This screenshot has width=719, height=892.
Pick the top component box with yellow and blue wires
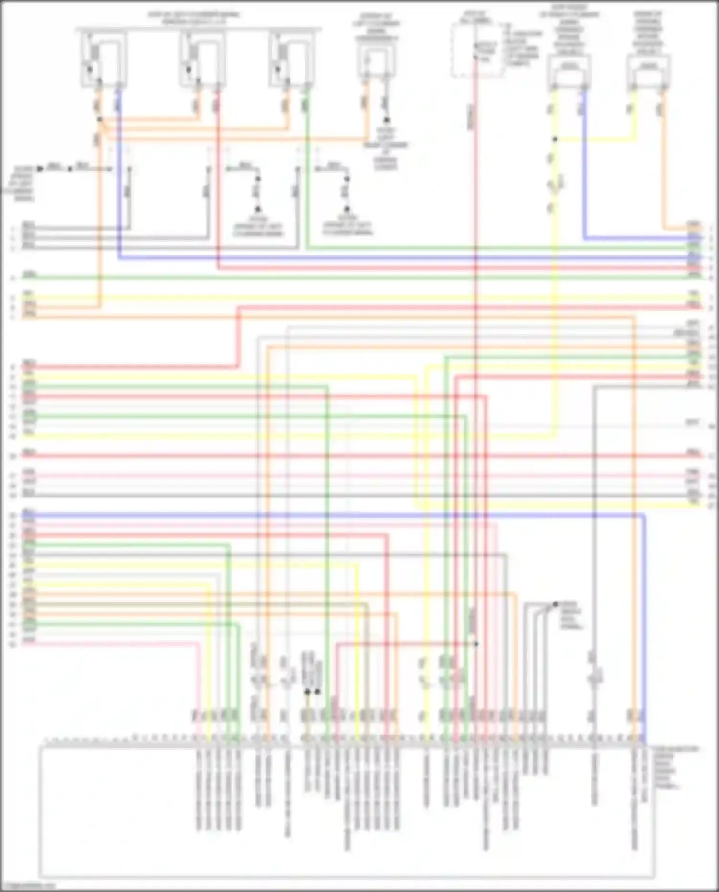(x=569, y=72)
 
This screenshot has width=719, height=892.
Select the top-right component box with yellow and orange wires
(x=649, y=72)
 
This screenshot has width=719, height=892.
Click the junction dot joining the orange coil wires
(x=99, y=119)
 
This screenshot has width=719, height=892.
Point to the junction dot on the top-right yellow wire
(x=555, y=139)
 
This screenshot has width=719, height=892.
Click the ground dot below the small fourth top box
(x=386, y=120)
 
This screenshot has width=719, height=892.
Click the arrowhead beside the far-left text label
(x=41, y=169)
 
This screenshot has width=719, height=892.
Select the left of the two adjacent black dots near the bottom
(x=307, y=692)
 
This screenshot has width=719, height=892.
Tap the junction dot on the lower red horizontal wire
(x=476, y=644)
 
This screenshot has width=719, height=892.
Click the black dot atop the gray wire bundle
(x=556, y=604)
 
